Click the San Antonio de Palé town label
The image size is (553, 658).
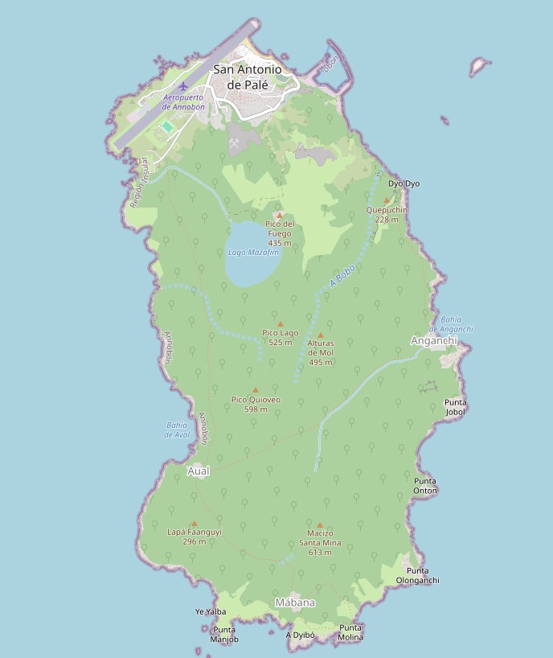pos(248,76)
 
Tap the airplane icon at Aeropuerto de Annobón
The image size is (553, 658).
pos(183,86)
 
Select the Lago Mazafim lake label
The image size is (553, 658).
pos(253,252)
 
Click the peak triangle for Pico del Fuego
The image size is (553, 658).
pos(280,215)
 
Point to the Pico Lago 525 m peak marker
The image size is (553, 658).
pos(280,324)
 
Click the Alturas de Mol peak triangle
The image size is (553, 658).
pos(321,335)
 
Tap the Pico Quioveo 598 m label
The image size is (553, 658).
pos(256,404)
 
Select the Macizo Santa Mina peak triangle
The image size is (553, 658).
pos(320,525)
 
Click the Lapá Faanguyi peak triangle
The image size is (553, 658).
pos(194,524)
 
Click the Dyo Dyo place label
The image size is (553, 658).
pos(403,183)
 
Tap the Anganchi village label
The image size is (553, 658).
pos(433,340)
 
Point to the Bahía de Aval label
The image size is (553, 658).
pos(176,430)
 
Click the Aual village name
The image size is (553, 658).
pos(198,471)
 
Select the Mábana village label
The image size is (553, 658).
pos(295,602)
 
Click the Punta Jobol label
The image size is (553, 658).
pos(455,407)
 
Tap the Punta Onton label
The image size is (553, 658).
pos(425,485)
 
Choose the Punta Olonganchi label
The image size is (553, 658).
pos(417,575)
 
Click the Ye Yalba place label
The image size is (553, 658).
pos(211,611)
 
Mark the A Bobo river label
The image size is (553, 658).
pos(342,276)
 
